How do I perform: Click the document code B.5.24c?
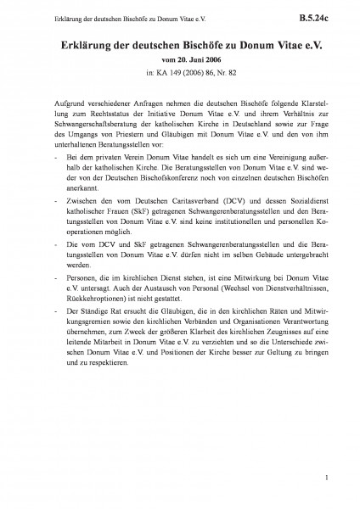(319, 15)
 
